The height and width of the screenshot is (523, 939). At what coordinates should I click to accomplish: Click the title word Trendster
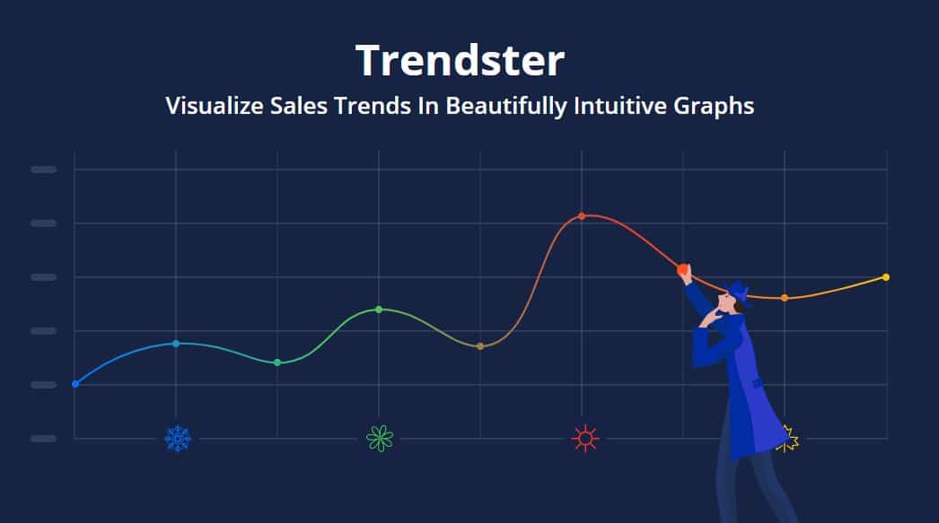[x=460, y=60]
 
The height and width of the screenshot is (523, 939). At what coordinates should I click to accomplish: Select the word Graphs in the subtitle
[x=714, y=107]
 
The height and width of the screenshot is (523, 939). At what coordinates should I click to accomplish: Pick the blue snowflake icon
[x=178, y=439]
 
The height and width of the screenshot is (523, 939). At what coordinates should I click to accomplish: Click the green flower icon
[x=380, y=439]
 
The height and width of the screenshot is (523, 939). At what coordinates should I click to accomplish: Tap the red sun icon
[x=585, y=439]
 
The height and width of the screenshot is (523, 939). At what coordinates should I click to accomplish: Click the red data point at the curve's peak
[x=582, y=216]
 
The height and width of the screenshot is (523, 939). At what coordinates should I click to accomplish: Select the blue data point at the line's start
[x=75, y=384]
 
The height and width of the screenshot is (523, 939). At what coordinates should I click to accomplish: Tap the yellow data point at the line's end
[x=886, y=277]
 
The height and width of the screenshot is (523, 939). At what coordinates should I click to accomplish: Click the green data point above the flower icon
[x=379, y=309]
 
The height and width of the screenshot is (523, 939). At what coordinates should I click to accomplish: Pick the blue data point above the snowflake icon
[x=176, y=344]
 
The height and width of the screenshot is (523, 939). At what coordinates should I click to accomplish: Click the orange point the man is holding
[x=682, y=270]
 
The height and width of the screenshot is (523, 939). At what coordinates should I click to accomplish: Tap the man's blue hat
[x=739, y=292]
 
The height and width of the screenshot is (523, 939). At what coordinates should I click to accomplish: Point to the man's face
[x=730, y=303]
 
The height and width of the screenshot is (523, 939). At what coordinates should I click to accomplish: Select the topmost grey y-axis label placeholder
[x=44, y=170]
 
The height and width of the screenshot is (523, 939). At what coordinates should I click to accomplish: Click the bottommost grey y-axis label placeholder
[x=44, y=439]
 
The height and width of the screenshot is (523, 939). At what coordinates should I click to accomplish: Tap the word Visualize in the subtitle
[x=215, y=106]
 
